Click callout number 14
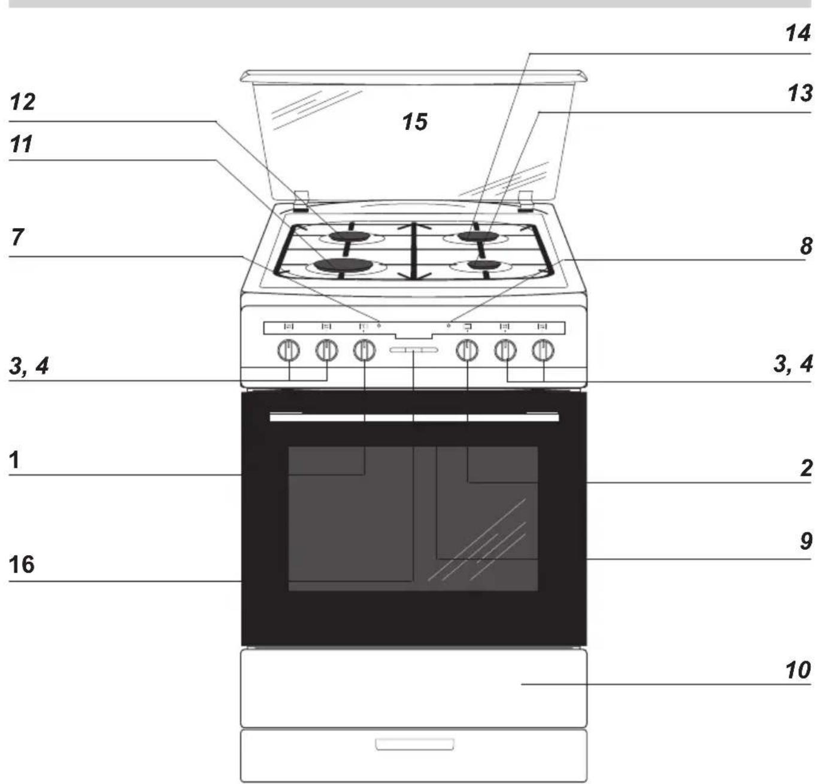(798, 33)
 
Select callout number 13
(799, 93)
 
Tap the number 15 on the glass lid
(414, 122)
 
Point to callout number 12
(23, 101)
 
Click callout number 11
(21, 144)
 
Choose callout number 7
(17, 237)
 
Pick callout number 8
(805, 246)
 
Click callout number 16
(22, 564)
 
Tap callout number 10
(798, 670)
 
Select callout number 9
(805, 541)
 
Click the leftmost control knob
(289, 350)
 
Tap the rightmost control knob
(543, 350)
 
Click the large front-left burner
(344, 265)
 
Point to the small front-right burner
(484, 265)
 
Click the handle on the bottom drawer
(414, 744)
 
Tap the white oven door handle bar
(414, 417)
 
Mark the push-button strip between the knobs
(414, 350)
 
